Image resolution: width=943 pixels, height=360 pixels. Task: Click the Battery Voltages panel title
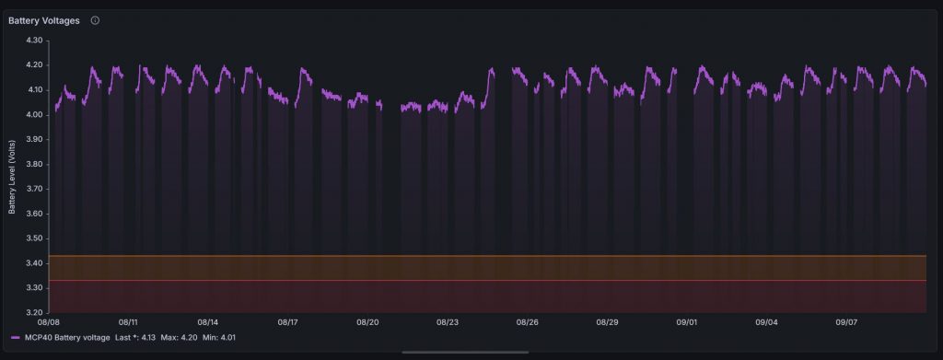[x=43, y=20]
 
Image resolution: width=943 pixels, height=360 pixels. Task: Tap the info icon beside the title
[x=95, y=20]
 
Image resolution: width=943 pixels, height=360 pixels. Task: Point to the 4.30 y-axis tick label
[x=35, y=41]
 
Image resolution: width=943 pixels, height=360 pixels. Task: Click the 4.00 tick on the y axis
[x=35, y=115]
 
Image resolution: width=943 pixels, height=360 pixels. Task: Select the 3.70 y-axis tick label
[x=35, y=189]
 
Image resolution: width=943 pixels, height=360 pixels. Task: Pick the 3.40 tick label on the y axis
[x=35, y=263]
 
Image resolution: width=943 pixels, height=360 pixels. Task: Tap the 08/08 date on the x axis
[x=49, y=323]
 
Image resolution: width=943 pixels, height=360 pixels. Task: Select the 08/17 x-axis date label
[x=288, y=323]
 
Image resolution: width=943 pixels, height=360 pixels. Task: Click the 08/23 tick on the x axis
[x=448, y=323]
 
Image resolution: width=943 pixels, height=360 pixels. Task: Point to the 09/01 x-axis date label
[x=687, y=323]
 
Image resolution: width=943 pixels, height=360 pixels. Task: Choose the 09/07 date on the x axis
[x=846, y=323]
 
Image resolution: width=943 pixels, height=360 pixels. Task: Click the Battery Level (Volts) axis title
[x=13, y=177]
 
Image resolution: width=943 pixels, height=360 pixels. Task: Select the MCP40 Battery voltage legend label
[x=67, y=338]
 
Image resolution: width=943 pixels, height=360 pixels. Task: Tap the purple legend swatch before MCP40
[x=15, y=338]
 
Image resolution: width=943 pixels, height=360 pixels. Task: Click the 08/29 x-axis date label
[x=607, y=323]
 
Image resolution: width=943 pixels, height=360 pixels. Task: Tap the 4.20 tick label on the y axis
[x=35, y=65]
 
